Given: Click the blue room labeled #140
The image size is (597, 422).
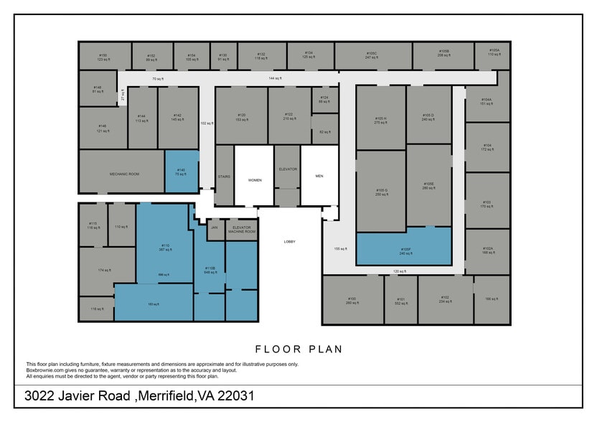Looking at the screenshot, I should click(182, 171).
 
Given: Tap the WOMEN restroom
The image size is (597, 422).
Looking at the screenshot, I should click(254, 179).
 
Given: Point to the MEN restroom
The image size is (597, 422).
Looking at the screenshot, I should click(319, 176).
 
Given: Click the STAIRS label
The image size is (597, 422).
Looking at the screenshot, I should click(224, 176).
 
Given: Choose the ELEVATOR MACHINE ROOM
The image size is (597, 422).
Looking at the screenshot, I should click(241, 230).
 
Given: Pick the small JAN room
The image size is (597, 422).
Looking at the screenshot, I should click(214, 228).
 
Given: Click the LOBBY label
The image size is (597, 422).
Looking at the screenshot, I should click(289, 242).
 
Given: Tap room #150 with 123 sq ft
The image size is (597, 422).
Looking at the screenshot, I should click(103, 56).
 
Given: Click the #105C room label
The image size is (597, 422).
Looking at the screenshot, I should click(372, 54).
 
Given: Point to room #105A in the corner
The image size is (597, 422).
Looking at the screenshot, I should click(494, 52).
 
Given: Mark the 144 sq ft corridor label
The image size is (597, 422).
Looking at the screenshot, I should click(275, 78).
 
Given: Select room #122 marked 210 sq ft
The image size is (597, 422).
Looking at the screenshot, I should click(288, 116).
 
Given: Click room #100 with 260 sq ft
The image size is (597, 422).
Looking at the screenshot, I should click(352, 300).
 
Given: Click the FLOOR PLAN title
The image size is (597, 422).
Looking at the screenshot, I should click(298, 350).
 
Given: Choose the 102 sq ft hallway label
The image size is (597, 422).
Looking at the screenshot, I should click(207, 123).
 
